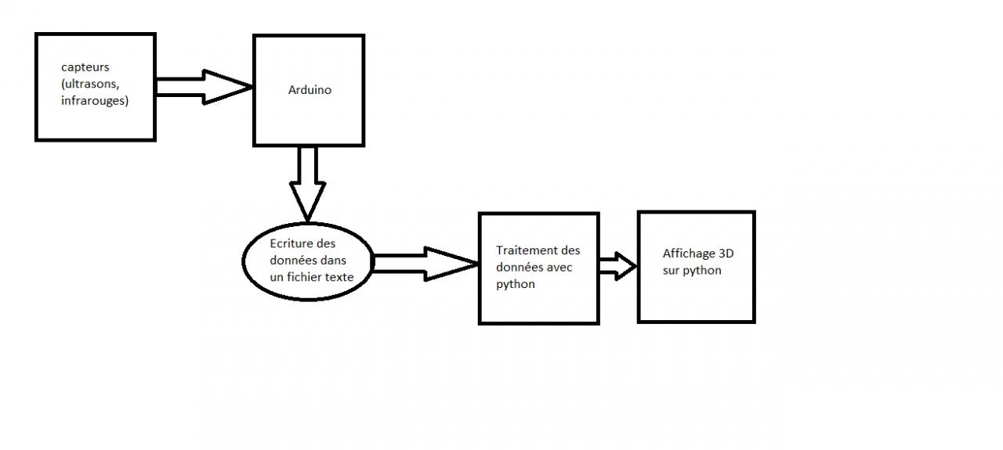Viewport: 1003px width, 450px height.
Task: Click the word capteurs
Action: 85,68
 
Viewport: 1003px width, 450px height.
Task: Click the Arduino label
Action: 310,90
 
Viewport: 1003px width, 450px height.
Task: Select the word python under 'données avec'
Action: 516,283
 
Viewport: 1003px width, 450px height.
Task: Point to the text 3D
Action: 726,254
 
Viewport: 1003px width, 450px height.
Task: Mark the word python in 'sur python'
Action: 703,270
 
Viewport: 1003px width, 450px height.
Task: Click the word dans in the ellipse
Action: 334,260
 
